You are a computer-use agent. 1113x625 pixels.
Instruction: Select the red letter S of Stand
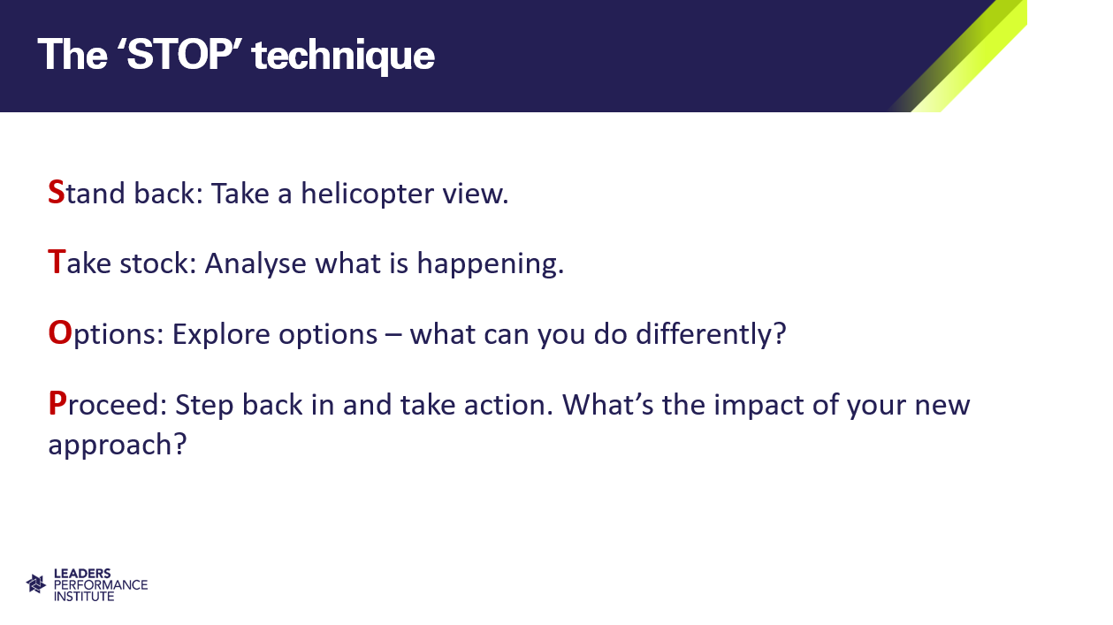(57, 192)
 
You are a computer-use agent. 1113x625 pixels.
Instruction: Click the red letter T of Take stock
(57, 262)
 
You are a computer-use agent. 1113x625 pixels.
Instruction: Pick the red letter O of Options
(60, 332)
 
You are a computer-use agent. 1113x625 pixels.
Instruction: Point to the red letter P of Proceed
(57, 403)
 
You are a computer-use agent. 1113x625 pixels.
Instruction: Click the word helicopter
(367, 194)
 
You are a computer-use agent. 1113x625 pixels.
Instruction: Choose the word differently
(706, 334)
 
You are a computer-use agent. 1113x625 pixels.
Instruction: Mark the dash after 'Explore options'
(393, 335)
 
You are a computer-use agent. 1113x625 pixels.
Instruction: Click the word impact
(759, 407)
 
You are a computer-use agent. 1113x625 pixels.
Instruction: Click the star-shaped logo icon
(36, 584)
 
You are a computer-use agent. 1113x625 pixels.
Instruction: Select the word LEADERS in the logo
(82, 574)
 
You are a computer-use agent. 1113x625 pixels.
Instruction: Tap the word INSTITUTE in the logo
(84, 596)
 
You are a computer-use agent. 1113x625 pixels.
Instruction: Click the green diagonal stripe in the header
(969, 55)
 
